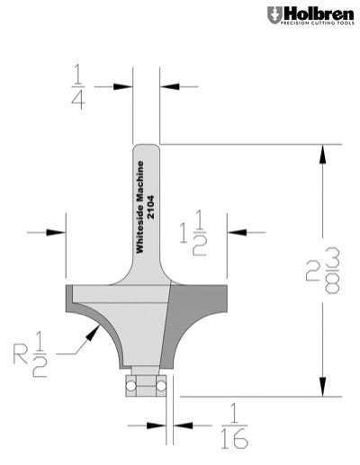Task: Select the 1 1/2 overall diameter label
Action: (x=193, y=235)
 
